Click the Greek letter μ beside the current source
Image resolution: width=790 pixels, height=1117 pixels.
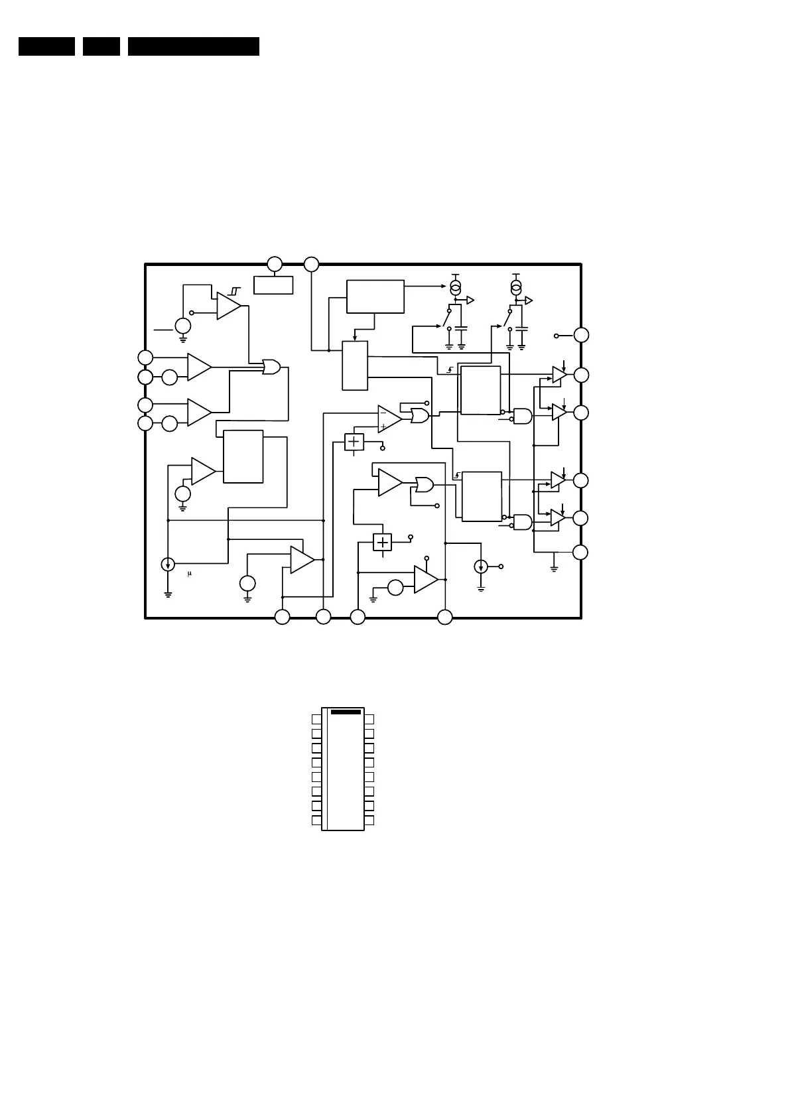tap(189, 574)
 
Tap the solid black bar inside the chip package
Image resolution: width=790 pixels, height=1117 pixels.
tap(346, 712)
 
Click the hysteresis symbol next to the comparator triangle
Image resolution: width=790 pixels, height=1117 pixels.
tap(234, 291)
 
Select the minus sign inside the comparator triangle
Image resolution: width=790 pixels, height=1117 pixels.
tap(383, 413)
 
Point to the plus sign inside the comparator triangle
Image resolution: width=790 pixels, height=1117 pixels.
tap(383, 427)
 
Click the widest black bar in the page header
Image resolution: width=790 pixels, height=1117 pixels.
tap(193, 46)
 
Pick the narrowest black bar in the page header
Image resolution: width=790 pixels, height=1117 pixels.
tap(101, 46)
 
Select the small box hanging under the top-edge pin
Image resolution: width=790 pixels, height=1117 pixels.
tap(273, 285)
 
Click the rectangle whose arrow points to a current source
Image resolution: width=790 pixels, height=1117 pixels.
tap(375, 296)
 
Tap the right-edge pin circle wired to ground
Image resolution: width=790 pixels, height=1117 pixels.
tap(580, 552)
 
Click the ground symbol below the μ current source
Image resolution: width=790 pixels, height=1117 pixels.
tap(168, 594)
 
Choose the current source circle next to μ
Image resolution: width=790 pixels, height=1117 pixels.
tap(168, 564)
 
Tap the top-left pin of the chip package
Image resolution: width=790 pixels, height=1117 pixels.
tap(316, 719)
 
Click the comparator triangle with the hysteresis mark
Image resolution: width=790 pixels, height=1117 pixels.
tap(228, 306)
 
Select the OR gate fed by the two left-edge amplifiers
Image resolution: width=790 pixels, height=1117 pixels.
tap(271, 367)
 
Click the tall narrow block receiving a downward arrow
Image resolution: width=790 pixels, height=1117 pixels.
tap(355, 366)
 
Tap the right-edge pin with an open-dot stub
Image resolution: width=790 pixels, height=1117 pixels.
tap(580, 335)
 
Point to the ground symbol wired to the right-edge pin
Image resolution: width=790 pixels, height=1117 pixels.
tap(554, 568)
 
